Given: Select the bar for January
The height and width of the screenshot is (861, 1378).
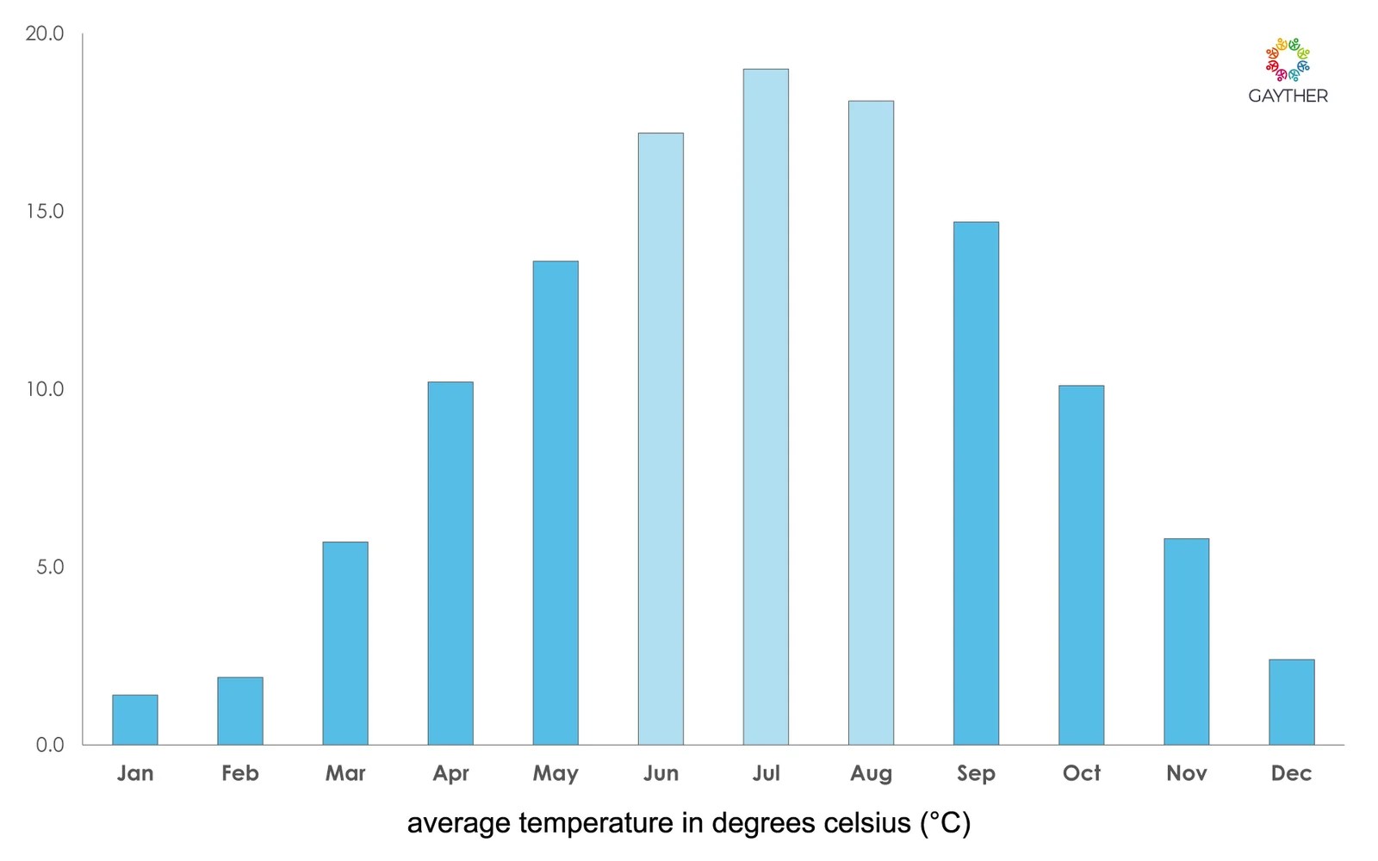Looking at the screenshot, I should coord(135,720).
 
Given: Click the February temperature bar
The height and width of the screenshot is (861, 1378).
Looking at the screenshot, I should coord(240,711).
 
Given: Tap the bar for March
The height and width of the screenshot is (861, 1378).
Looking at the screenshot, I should coord(345,643).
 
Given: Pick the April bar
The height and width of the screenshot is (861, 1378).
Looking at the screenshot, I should coord(450,563).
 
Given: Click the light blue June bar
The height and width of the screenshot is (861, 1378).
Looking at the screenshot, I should coord(661,439).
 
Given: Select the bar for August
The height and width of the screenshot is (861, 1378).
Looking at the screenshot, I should coord(871,423).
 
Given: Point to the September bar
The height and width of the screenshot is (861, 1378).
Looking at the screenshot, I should coord(976,483).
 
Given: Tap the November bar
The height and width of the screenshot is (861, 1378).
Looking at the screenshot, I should coord(1186,641).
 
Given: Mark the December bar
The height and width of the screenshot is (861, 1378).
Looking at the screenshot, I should coord(1291,702).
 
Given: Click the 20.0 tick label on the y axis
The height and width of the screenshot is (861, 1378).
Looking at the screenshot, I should coord(45,34).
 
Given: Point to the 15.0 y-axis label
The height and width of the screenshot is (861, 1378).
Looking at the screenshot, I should coord(45,212).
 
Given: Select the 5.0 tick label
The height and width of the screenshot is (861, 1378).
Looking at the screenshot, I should coord(50,567).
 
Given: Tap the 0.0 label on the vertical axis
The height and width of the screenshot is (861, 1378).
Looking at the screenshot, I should coord(50,745).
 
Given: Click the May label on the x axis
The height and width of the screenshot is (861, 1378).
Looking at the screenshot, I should coord(556,774).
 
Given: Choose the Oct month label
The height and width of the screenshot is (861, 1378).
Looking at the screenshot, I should coord(1081,773).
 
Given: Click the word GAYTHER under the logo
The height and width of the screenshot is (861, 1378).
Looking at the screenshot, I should coord(1288,96).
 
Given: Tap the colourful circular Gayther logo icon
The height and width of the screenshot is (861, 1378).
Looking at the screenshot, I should coord(1288,59).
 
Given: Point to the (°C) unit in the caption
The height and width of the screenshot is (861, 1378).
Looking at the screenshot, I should coord(946,824).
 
